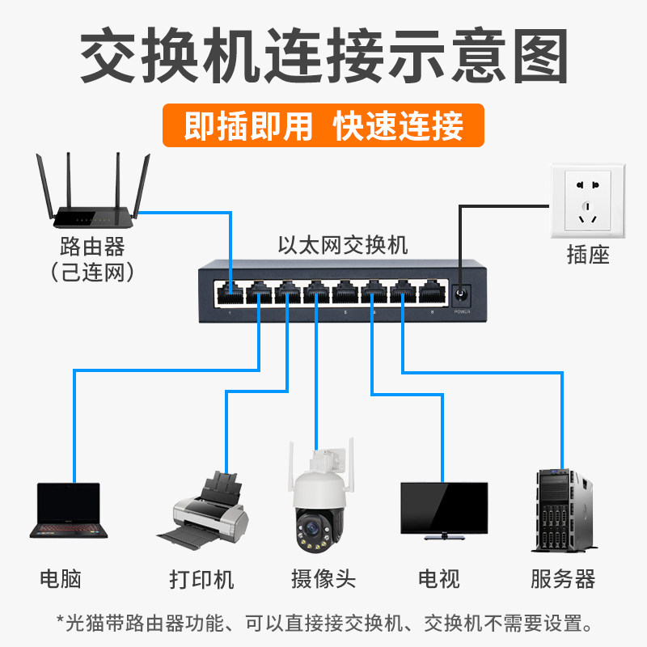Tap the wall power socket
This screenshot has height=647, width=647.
click(x=588, y=201)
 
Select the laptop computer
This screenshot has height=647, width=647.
click(x=69, y=510)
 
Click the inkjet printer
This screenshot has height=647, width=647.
click(x=203, y=510)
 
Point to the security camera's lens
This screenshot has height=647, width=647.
click(x=312, y=528)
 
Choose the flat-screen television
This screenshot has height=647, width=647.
click(x=444, y=511)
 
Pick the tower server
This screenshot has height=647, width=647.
click(x=564, y=510)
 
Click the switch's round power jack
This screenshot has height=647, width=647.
click(x=460, y=294)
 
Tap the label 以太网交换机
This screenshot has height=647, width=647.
click(x=343, y=245)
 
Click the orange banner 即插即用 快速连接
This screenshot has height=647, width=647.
click(x=323, y=125)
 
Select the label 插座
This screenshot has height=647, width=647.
click(x=588, y=254)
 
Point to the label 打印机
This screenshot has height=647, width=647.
click(x=201, y=579)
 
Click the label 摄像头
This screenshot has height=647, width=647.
click(x=323, y=578)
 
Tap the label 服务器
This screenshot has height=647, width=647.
click(x=563, y=578)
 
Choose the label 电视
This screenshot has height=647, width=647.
click(x=438, y=578)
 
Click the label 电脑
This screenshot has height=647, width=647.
click(x=61, y=578)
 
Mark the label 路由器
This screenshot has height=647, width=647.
click(x=92, y=247)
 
